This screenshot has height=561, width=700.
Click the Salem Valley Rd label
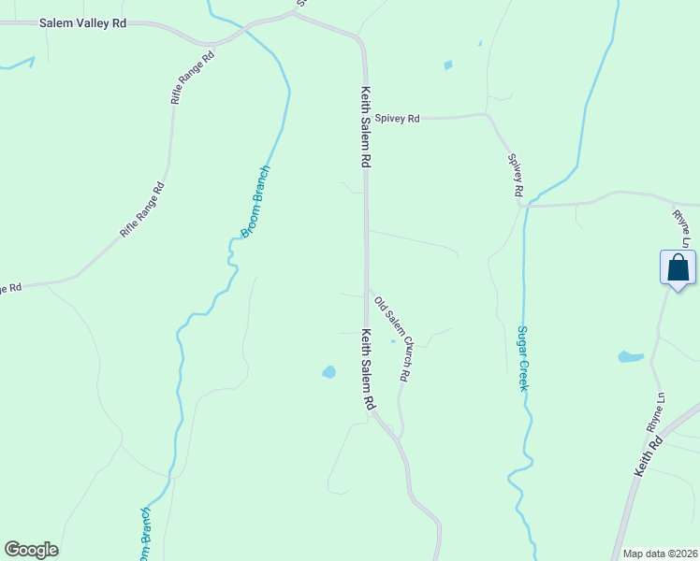click(82, 22)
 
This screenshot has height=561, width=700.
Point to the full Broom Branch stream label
click(255, 202)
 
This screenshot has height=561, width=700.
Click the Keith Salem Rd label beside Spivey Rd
click(366, 127)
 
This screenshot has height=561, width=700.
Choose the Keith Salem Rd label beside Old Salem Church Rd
click(368, 370)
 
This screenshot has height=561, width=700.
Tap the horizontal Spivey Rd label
click(398, 119)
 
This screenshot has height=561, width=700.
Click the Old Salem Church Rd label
click(392, 338)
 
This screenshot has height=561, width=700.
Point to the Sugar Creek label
click(523, 358)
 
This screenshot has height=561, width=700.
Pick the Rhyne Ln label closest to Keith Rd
click(655, 412)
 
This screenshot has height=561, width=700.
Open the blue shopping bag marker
click(678, 268)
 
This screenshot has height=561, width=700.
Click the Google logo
click(31, 550)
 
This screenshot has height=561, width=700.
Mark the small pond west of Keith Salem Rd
click(328, 372)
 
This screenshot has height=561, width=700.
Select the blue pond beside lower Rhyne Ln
click(630, 357)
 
